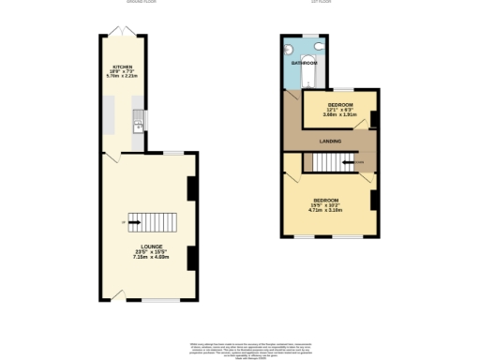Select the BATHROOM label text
[x=304, y=62]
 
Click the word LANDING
[x=330, y=141]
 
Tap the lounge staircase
[x=151, y=222]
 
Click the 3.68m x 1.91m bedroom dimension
[x=338, y=115]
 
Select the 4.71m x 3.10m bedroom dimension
[x=325, y=210]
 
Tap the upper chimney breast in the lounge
[x=191, y=188]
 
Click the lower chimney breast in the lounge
[x=191, y=257]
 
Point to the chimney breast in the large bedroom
[x=372, y=200]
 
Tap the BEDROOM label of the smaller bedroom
[x=338, y=104]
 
